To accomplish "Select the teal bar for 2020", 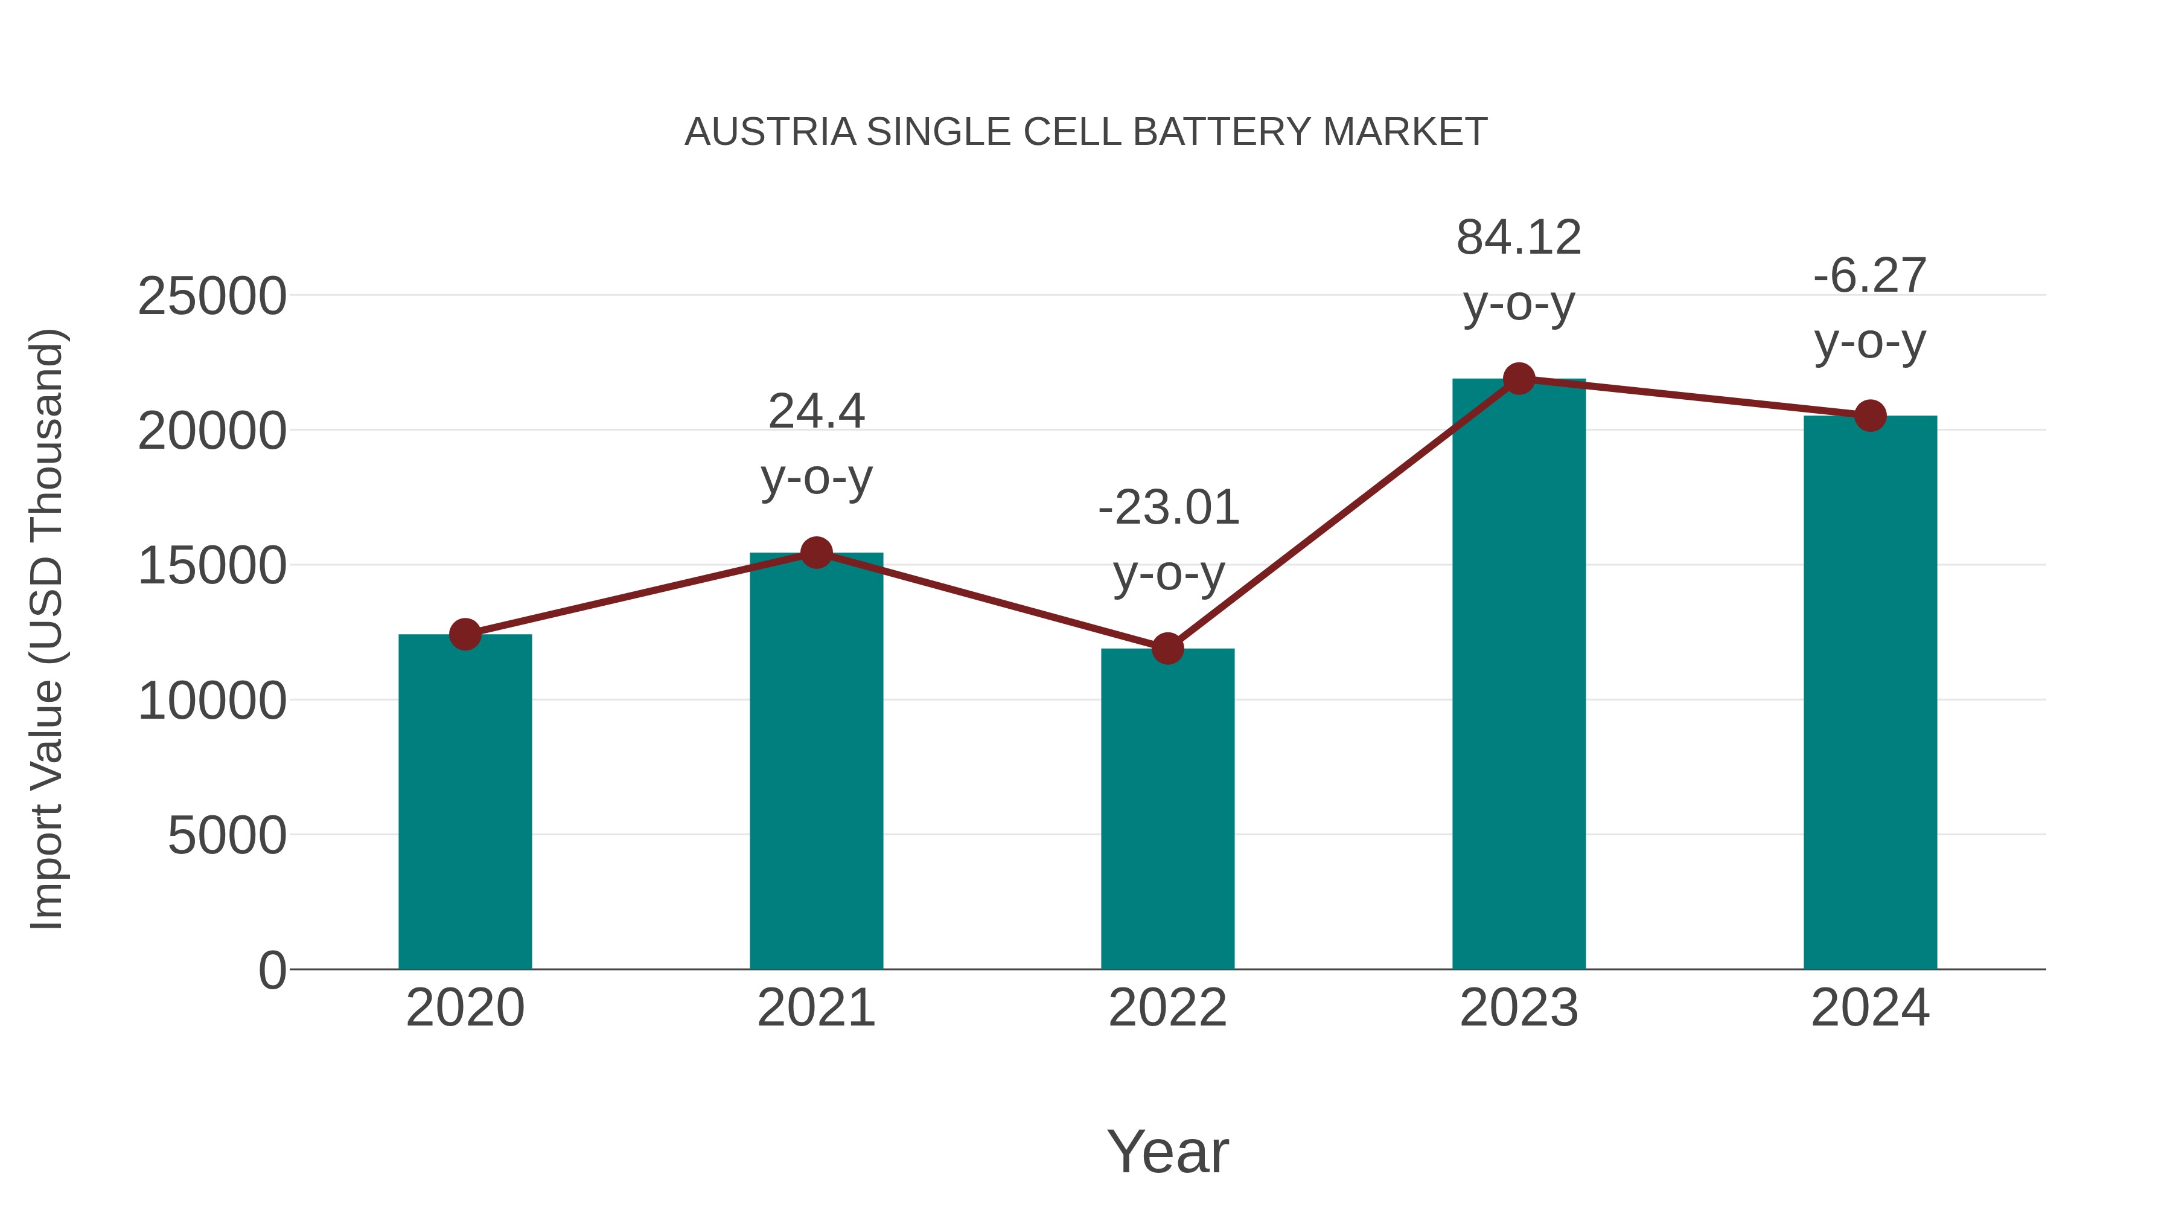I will click(x=465, y=802).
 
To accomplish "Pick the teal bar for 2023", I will click(x=1519, y=675).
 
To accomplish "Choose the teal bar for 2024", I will click(x=1870, y=692).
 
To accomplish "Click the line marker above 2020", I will click(x=465, y=634).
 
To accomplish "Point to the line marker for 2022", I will click(x=1167, y=648).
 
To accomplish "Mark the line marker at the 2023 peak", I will click(x=1519, y=379).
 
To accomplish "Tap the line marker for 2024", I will click(x=1870, y=416).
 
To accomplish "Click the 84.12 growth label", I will click(x=1519, y=237).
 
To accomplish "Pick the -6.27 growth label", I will click(x=1870, y=275).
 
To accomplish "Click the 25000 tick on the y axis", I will click(x=212, y=297).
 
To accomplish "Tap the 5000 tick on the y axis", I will click(x=227, y=836).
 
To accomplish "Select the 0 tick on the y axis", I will click(x=272, y=970).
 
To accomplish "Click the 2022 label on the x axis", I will click(x=1167, y=1008).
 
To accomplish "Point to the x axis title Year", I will click(x=1167, y=1151).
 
